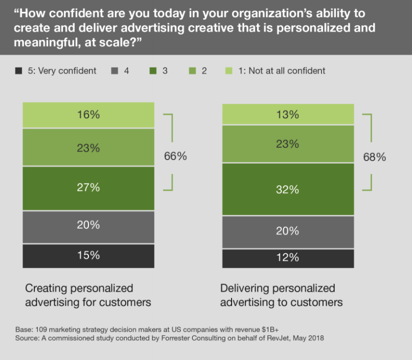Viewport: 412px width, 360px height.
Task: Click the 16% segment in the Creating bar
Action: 88,115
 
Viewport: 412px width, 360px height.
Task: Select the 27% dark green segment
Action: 88,188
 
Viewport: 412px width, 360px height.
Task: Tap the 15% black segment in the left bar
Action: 88,256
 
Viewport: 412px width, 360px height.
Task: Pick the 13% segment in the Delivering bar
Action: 288,115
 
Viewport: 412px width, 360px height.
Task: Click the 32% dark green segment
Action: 288,190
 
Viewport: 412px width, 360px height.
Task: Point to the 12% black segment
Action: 288,258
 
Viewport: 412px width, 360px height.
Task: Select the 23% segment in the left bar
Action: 88,148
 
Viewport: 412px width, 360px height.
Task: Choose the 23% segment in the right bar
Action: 288,144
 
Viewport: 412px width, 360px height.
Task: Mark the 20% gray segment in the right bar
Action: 288,231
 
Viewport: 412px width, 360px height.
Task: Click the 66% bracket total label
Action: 175,156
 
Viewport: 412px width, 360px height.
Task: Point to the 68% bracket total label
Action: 374,157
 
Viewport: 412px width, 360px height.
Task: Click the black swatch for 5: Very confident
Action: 19,71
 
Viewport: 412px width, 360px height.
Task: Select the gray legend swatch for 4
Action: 115,71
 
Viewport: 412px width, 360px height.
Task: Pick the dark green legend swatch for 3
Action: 153,71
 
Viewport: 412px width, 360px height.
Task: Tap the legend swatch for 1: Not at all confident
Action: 229,71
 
